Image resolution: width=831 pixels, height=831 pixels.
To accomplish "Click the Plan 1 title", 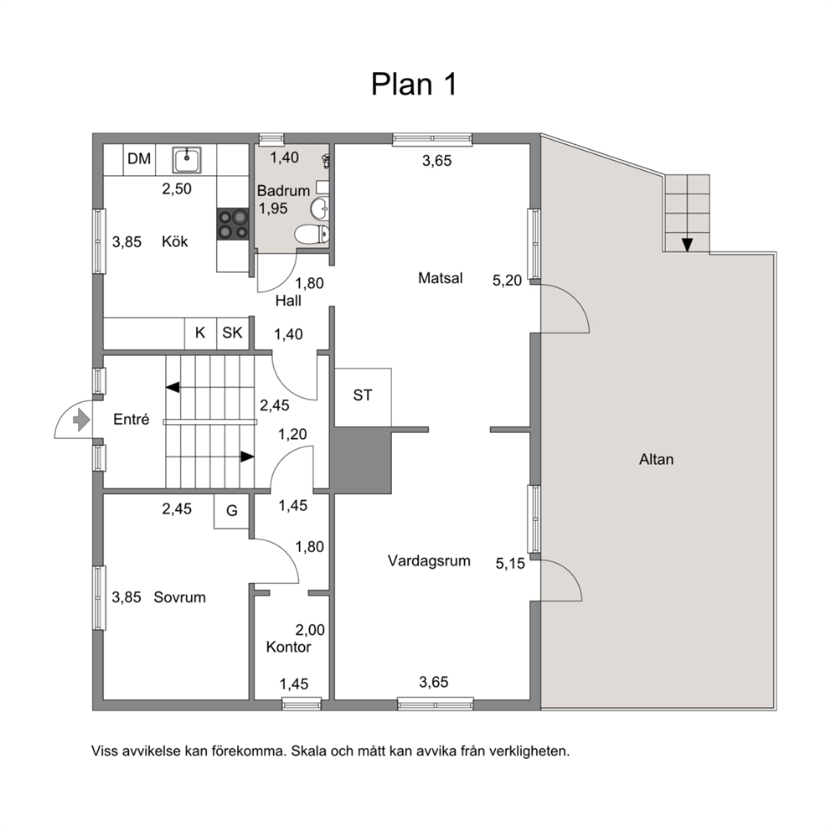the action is click(413, 85).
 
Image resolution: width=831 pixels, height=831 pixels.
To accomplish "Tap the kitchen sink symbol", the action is click(187, 160).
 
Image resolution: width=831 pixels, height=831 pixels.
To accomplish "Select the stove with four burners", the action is click(233, 225).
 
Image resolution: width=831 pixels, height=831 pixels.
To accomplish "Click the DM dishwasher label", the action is click(139, 158).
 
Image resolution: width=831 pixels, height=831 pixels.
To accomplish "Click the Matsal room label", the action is click(440, 278).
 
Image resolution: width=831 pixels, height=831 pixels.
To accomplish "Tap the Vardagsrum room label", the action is click(429, 560).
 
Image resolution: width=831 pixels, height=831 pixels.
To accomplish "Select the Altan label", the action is click(656, 459).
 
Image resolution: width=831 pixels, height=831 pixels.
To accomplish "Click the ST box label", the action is click(363, 395).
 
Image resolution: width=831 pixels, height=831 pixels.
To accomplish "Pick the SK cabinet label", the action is click(232, 333).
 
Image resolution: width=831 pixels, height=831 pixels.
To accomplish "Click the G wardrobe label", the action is click(231, 511).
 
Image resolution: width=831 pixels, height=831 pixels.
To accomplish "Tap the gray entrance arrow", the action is click(81, 421).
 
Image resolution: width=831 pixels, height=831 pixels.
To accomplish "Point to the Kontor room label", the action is click(288, 647).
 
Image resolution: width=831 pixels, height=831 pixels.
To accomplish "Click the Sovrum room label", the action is click(179, 597).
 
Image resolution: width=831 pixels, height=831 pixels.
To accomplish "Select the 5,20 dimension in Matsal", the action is click(507, 281).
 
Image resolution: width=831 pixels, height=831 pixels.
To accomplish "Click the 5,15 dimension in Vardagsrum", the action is click(510, 564).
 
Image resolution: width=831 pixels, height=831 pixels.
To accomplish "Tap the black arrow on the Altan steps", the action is click(688, 245).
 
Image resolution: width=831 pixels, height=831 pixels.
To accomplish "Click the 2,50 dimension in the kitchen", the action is click(177, 188).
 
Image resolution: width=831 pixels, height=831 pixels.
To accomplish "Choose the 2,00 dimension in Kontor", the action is click(310, 630).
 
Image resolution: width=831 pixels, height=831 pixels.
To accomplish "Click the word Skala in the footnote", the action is click(308, 751).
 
